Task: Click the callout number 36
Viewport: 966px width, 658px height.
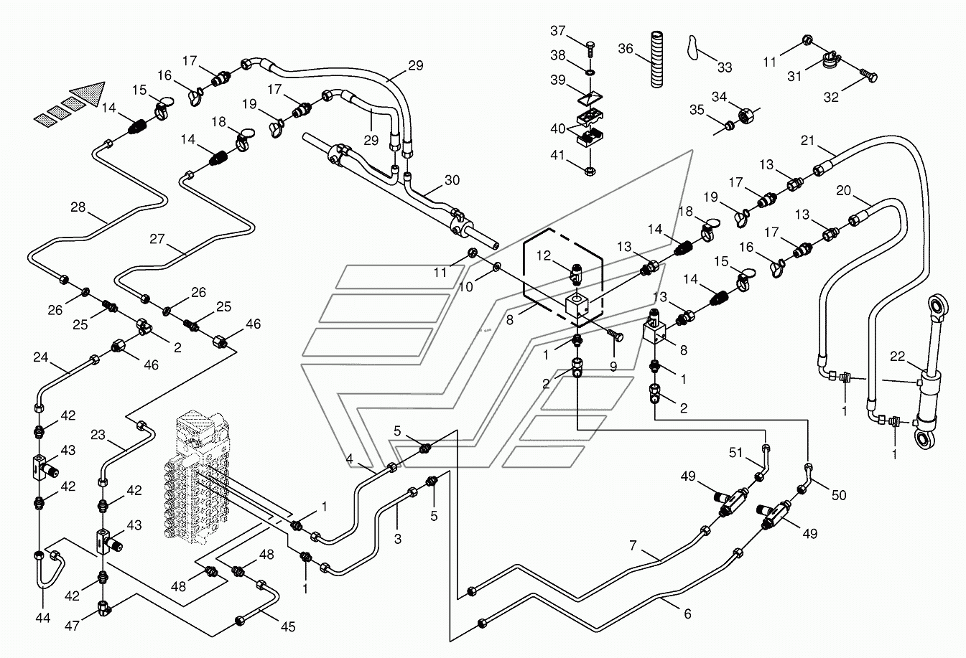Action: click(x=626, y=49)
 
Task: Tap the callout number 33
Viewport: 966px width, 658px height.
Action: click(x=725, y=67)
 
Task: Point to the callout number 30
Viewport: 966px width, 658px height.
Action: click(x=452, y=181)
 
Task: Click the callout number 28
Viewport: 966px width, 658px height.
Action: click(x=78, y=208)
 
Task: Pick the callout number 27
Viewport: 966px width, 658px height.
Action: click(x=157, y=238)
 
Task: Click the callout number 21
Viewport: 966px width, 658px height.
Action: click(x=807, y=141)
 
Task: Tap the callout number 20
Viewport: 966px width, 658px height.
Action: click(x=844, y=191)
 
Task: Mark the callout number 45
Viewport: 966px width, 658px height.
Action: click(x=287, y=626)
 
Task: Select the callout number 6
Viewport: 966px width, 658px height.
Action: click(x=687, y=614)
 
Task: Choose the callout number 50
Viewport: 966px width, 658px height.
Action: click(x=839, y=495)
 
